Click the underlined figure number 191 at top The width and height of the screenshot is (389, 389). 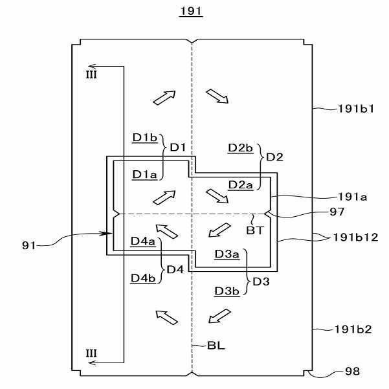[191, 11]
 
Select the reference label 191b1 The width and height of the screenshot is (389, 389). [356, 109]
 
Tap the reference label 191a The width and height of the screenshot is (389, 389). [353, 197]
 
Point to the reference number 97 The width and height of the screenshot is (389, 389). [337, 212]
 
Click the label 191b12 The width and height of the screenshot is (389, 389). [355, 238]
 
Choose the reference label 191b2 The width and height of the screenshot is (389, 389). [353, 329]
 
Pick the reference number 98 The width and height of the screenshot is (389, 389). [352, 372]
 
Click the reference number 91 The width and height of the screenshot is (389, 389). [29, 245]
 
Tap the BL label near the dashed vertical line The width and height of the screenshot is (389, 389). [216, 346]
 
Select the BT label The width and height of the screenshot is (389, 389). [255, 230]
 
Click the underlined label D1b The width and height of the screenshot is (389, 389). [145, 138]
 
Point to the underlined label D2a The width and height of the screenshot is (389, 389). [240, 185]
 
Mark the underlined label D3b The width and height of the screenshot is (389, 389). [227, 291]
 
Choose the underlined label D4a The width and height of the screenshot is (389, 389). [143, 241]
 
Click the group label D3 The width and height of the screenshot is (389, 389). [261, 282]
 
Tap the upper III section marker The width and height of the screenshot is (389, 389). [91, 74]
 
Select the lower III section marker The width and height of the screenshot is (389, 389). [91, 353]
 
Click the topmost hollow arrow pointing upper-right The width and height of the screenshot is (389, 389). [164, 98]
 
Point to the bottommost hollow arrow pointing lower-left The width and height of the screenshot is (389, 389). [220, 316]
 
